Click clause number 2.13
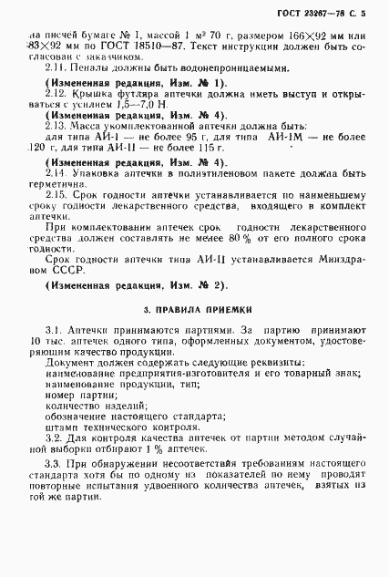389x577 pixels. tap(56, 153)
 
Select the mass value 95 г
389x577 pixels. tap(182, 166)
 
